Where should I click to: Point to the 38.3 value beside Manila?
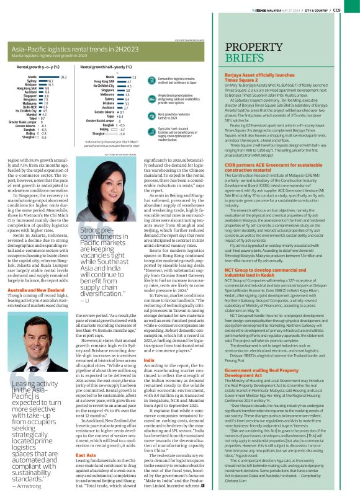click(x=63, y=76)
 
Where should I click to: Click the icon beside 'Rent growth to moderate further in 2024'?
click(x=152, y=115)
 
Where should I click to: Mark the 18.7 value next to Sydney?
click(x=50, y=80)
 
